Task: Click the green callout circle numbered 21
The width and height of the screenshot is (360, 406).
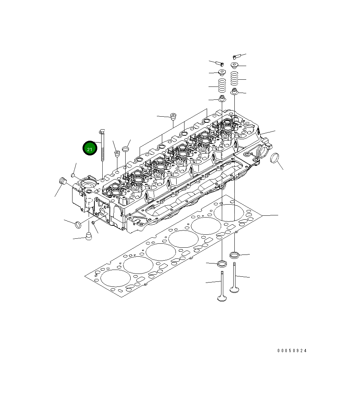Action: pyautogui.click(x=89, y=148)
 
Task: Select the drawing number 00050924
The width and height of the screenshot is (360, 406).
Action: pyautogui.click(x=292, y=351)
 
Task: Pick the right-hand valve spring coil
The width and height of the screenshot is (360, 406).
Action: pyautogui.click(x=234, y=78)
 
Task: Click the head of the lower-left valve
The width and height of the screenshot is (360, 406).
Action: pyautogui.click(x=222, y=297)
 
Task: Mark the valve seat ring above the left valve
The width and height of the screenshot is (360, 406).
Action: pyautogui.click(x=222, y=264)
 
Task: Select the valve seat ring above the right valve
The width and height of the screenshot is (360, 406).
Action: pyautogui.click(x=234, y=255)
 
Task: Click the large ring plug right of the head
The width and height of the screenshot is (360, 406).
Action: pyautogui.click(x=275, y=158)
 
